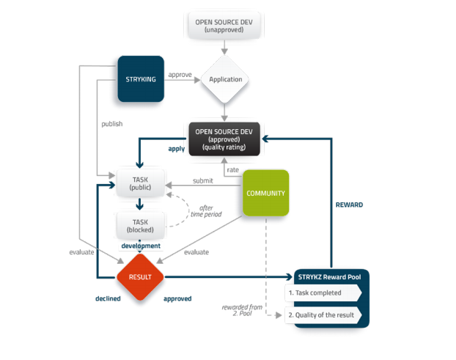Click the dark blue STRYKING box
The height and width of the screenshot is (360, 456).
[141, 78]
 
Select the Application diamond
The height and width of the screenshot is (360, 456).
[224, 79]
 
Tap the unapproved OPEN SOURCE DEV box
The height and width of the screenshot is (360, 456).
[224, 26]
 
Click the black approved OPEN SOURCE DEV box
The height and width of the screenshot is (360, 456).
[224, 139]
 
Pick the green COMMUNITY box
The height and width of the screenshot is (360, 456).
[266, 193]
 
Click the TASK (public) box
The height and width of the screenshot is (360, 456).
[141, 183]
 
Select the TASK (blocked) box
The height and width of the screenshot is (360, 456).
[141, 226]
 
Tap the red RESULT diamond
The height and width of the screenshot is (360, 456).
[140, 277]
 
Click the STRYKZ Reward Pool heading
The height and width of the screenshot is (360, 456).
[329, 277]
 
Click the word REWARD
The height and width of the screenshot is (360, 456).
[349, 205]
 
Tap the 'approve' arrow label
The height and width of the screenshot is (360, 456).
[180, 75]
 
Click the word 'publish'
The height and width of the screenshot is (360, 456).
[112, 124]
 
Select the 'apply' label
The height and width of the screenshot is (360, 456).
[177, 149]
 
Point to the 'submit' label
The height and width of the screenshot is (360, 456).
[202, 180]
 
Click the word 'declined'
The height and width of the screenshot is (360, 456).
[108, 298]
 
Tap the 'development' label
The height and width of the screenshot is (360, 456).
[141, 246]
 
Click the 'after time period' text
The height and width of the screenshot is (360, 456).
[206, 211]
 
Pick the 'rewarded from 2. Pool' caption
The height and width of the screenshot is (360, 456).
[242, 310]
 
